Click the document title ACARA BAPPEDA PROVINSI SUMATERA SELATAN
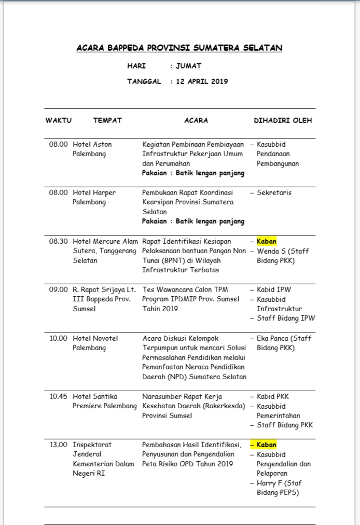coord(179,48)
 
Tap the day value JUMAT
coord(189,66)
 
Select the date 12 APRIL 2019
coord(202,81)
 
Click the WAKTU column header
coord(59,120)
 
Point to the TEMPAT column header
coord(107,120)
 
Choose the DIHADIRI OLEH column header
coord(283,120)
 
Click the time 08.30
coord(59,241)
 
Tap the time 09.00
coord(59,289)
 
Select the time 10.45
coord(59,396)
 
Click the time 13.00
coord(59,445)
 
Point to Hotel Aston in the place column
coord(92,144)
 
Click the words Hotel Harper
coord(94,192)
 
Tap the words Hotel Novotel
coord(95,338)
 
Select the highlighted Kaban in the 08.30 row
coord(267,241)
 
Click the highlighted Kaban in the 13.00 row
coord(267,445)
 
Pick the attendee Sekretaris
coord(274,192)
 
